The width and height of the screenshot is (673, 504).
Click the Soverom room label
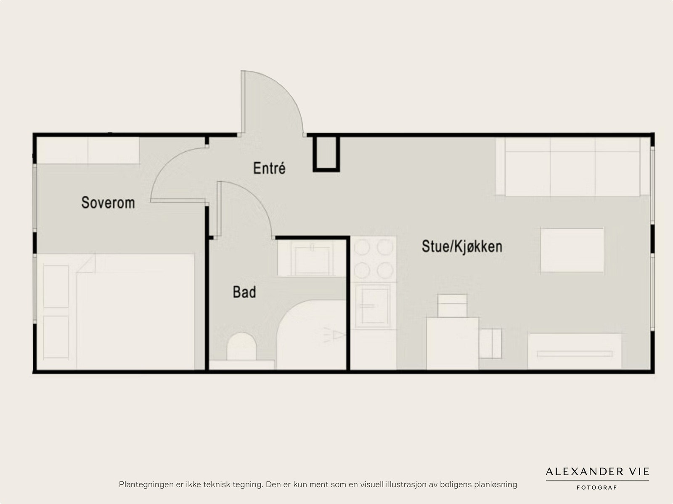click(x=108, y=203)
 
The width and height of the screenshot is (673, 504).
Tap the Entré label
click(x=269, y=168)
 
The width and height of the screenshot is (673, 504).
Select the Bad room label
click(x=244, y=292)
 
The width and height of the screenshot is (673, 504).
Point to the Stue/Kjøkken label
click(x=462, y=247)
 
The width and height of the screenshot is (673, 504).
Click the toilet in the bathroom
click(x=242, y=347)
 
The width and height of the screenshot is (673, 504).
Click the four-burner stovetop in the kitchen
click(x=374, y=259)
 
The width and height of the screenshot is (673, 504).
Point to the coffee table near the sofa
click(x=572, y=250)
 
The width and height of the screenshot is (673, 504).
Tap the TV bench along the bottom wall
click(x=575, y=352)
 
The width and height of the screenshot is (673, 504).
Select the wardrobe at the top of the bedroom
click(x=87, y=150)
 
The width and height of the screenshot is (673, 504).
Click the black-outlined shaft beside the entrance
click(x=326, y=153)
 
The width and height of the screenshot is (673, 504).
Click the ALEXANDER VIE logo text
click(x=597, y=471)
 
